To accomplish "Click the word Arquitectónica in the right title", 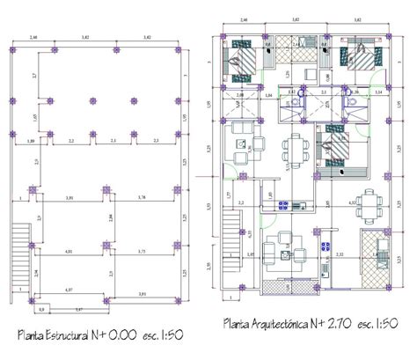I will point(287,325).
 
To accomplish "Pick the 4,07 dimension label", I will point(70,289).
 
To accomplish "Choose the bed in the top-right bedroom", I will point(361,60).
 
